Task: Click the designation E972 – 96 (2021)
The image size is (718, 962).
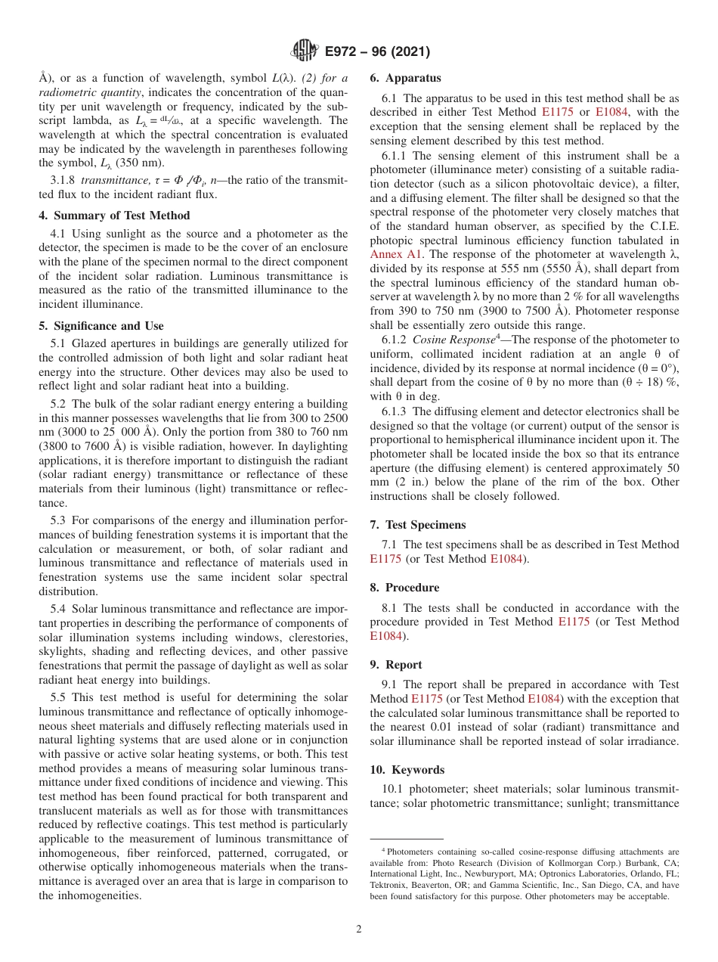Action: click(377, 51)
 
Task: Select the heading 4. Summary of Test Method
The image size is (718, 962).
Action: click(114, 216)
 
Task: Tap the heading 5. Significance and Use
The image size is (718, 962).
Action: click(101, 326)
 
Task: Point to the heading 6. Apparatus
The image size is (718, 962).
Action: click(405, 78)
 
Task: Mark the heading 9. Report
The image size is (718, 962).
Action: click(396, 665)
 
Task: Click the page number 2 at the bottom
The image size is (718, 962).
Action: click(359, 929)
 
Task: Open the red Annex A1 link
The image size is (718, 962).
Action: click(396, 254)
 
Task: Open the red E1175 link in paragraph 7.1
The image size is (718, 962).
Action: click(385, 559)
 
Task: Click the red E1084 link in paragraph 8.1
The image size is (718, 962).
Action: click(385, 636)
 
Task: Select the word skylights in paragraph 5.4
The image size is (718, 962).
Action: click(61, 651)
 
